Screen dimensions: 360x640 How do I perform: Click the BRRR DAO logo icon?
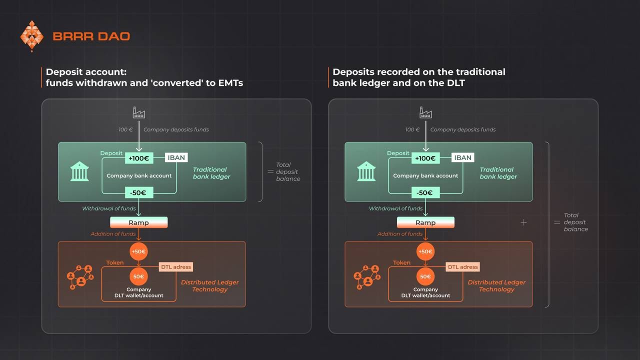32,36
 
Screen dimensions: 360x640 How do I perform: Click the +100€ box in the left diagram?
138,158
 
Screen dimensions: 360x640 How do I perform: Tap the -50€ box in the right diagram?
425,192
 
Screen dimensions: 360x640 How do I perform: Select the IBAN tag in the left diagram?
176,157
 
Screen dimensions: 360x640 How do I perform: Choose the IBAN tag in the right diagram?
463,157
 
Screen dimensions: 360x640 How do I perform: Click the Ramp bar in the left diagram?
138,222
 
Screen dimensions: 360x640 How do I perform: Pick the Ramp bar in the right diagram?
425,222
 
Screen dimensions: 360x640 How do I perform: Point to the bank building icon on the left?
79,171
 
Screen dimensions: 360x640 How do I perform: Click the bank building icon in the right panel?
366,171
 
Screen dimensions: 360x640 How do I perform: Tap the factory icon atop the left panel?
139,112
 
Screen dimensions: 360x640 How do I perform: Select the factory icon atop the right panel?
425,112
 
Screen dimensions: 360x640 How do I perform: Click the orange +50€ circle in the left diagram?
138,251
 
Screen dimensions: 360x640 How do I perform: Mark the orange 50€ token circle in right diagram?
425,276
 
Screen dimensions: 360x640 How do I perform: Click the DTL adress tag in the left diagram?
175,267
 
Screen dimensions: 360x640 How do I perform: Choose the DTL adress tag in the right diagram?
462,267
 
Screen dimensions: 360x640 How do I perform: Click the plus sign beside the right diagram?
523,222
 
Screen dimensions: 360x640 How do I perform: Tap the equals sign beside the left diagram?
270,172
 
